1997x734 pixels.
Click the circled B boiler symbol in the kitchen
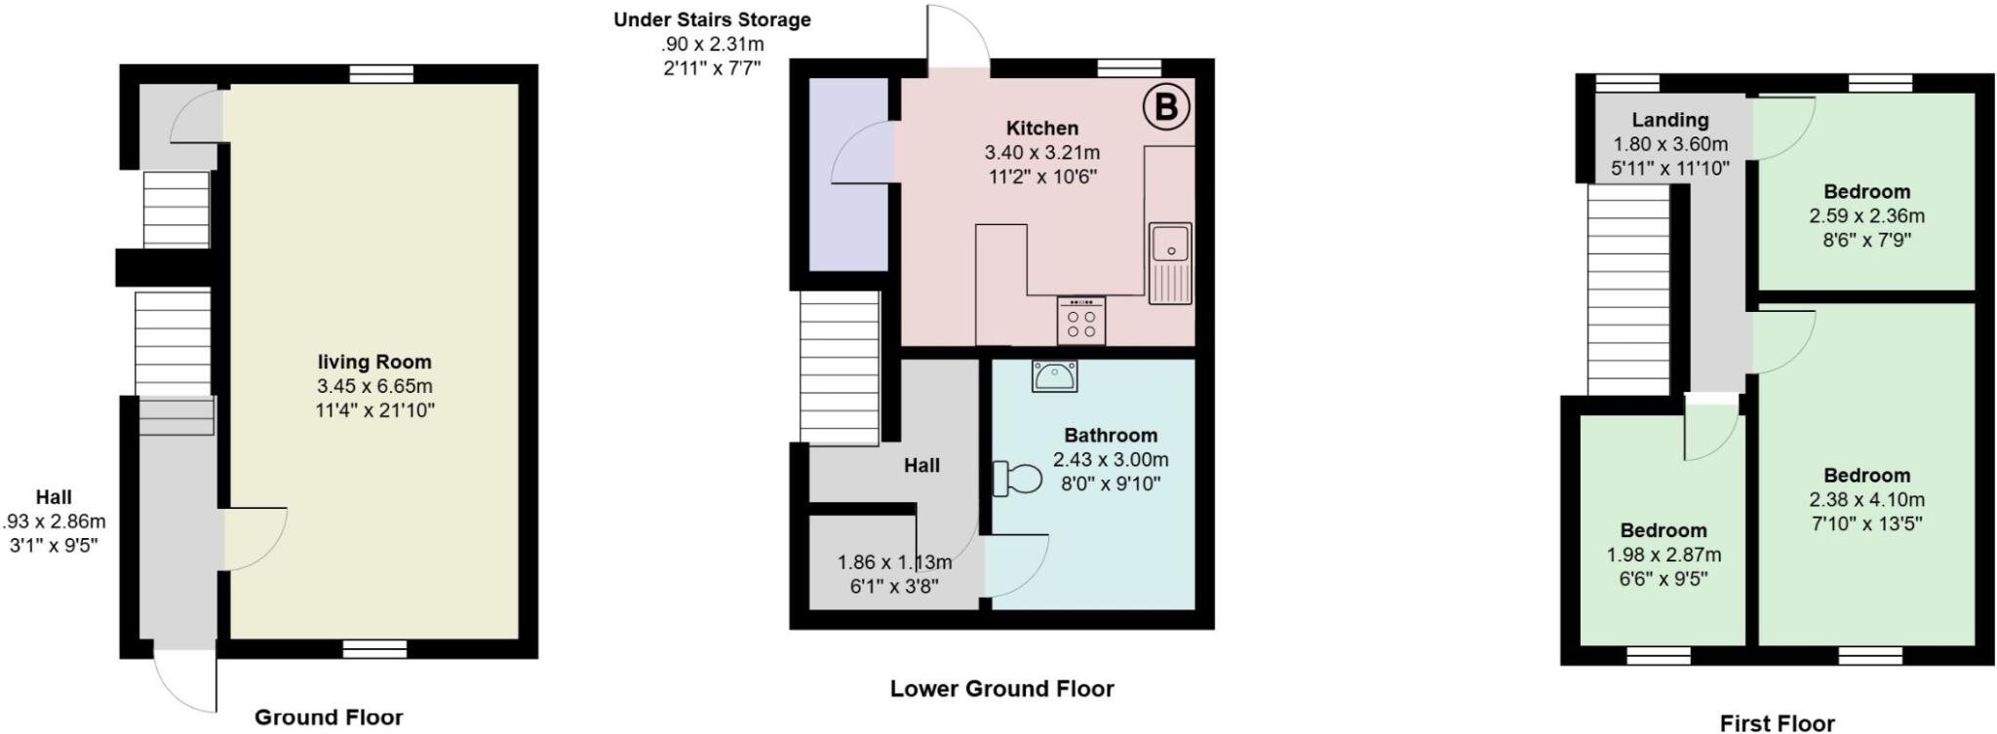pyautogui.click(x=1165, y=107)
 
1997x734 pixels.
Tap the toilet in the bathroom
pyautogui.click(x=1017, y=479)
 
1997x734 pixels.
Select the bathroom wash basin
pyautogui.click(x=1054, y=374)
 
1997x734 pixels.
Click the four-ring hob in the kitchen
pyautogui.click(x=1080, y=321)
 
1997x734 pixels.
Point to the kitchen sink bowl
pyautogui.click(x=1169, y=243)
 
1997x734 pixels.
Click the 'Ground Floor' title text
pyautogui.click(x=329, y=717)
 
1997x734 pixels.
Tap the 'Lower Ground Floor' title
pyautogui.click(x=1001, y=689)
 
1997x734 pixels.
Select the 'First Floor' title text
pyautogui.click(x=1777, y=722)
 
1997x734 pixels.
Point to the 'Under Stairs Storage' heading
pyautogui.click(x=712, y=19)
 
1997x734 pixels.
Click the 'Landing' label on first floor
pyautogui.click(x=1670, y=120)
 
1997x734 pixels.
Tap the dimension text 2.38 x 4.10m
pyautogui.click(x=1866, y=500)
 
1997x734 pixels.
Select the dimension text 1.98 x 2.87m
pyautogui.click(x=1664, y=555)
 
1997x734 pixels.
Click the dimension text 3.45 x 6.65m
pyautogui.click(x=374, y=386)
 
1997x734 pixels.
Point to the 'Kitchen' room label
pyautogui.click(x=1042, y=128)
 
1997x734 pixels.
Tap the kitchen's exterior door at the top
pyautogui.click(x=958, y=37)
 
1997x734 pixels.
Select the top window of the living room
pyautogui.click(x=381, y=74)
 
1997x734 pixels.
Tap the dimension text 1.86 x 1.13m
pyautogui.click(x=894, y=562)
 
